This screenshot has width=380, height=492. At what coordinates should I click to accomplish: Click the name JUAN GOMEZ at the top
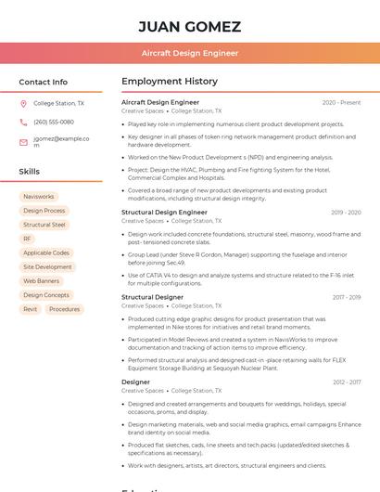[189, 26]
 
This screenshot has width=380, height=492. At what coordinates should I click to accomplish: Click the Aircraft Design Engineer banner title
[189, 54]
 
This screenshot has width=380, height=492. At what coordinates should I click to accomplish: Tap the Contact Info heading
[43, 82]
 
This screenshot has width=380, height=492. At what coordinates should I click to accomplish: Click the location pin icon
[23, 104]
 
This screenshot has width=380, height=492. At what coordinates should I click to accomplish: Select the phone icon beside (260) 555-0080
[23, 123]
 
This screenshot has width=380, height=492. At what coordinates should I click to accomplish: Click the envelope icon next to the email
[23, 142]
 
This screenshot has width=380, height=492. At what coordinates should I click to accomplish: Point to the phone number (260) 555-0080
[54, 123]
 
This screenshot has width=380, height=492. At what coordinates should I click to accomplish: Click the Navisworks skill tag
[39, 197]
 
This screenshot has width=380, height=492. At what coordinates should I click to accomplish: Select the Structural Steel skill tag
[44, 225]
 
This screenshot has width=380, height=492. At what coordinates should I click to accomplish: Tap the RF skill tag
[28, 239]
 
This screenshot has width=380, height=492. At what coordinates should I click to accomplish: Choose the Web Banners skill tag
[42, 280]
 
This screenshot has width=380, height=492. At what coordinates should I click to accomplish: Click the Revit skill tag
[31, 309]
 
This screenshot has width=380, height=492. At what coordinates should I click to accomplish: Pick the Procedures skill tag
[65, 309]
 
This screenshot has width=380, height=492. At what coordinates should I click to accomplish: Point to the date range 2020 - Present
[341, 102]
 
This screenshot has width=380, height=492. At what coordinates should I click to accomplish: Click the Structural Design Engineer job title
[164, 213]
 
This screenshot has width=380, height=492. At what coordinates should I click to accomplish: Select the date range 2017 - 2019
[346, 297]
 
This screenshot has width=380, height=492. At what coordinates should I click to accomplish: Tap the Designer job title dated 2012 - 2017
[135, 382]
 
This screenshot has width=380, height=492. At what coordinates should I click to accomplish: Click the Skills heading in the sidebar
[30, 172]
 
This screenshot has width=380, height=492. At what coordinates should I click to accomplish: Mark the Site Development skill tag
[47, 266]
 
